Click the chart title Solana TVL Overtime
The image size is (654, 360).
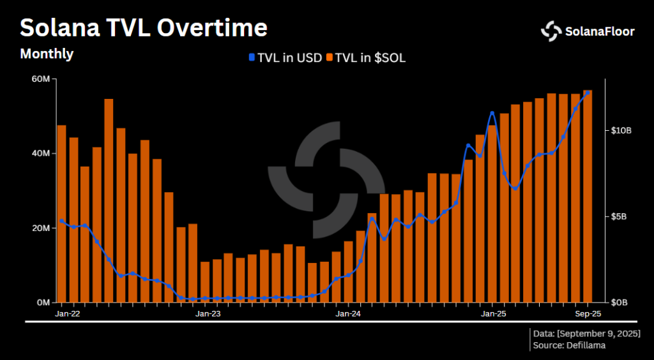point(144,29)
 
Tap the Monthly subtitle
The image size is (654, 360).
point(47,54)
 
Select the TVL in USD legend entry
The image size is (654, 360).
point(281,58)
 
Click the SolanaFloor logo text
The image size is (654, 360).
point(599,31)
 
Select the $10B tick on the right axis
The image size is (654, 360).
point(621,130)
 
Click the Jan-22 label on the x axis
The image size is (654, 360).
point(67,314)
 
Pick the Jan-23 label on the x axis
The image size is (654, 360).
point(208,314)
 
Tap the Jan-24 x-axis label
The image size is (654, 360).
point(348,314)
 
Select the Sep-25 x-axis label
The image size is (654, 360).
point(587,314)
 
